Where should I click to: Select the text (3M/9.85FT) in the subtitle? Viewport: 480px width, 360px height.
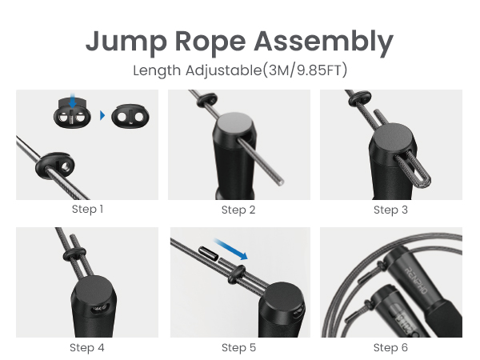[300, 70]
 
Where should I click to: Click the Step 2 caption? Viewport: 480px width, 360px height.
[238, 210]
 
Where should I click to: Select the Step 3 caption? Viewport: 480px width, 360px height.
[390, 210]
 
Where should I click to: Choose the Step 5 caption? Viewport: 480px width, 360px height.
[238, 347]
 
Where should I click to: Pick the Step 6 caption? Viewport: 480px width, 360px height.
[390, 347]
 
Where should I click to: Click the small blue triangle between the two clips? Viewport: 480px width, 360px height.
[102, 116]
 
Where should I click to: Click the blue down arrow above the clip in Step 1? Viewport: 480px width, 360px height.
[73, 102]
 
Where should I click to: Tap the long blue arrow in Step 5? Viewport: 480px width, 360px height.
[238, 252]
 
